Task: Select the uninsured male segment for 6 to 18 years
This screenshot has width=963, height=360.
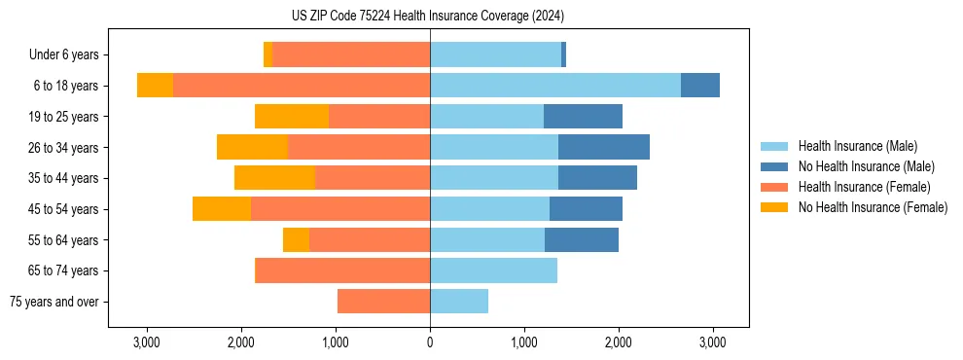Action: point(700,85)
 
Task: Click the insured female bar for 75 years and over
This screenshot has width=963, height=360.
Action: point(383,302)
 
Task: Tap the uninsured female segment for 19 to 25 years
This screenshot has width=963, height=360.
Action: point(292,116)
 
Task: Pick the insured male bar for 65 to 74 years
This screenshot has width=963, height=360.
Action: point(493,270)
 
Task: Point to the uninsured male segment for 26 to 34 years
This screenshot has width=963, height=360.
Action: point(604,147)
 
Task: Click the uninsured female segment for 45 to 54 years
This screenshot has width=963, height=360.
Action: point(222,208)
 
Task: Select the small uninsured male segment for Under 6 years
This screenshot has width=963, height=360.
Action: point(563,54)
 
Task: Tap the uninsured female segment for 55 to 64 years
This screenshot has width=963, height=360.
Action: point(296,239)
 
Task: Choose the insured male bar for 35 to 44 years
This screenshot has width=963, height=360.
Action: point(494,178)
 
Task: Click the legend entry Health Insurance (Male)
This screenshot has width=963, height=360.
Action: point(857,146)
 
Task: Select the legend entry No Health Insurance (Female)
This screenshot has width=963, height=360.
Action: point(873,207)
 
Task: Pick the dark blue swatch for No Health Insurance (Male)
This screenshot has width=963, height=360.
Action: point(774,166)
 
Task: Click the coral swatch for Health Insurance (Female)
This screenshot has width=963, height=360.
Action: point(774,187)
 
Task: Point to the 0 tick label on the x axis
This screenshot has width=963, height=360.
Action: point(430,342)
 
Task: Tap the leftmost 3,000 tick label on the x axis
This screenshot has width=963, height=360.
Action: point(146,342)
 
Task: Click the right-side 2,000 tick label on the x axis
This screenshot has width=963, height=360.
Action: point(619,342)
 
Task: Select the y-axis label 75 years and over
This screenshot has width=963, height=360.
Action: point(53,302)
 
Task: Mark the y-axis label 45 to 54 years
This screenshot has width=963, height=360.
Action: point(65,209)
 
